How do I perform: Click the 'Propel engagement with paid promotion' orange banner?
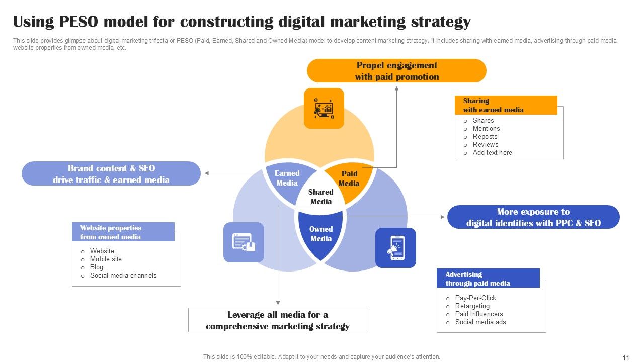tap(396, 71)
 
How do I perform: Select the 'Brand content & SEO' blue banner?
tap(111, 174)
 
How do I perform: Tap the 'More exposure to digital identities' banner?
tap(533, 217)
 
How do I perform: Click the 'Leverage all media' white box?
tap(278, 320)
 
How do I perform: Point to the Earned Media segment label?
tap(287, 178)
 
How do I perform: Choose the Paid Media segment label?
tap(349, 178)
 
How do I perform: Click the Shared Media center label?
tap(321, 197)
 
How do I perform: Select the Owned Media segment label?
tap(321, 234)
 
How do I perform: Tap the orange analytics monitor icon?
tap(324, 108)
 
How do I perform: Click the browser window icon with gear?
tap(244, 242)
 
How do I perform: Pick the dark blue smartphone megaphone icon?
tap(396, 247)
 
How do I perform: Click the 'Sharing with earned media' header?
tap(506, 105)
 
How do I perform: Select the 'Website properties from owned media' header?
tap(123, 232)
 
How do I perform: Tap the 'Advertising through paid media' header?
tap(488, 279)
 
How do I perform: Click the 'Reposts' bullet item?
tap(485, 136)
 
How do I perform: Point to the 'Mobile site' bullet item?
tap(106, 259)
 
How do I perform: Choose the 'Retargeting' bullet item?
tap(472, 306)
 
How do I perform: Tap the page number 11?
tap(626, 358)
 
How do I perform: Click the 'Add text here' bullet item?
tap(492, 152)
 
